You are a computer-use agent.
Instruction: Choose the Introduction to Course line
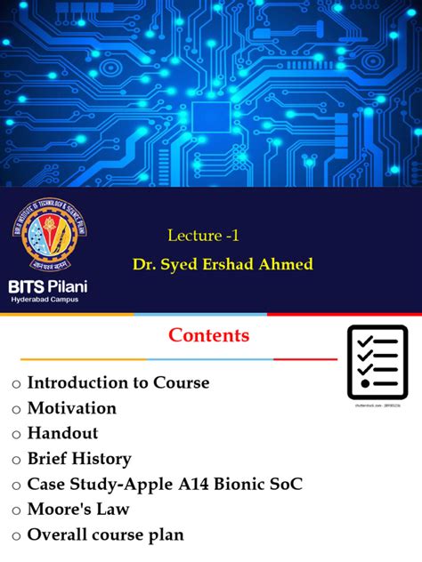118,382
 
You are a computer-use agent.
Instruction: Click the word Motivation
72,408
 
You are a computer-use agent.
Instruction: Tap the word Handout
63,433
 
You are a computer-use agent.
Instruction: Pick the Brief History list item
79,459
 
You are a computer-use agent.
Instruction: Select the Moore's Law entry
78,510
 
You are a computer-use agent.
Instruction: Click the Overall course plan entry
106,535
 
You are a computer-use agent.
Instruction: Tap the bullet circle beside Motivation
16,409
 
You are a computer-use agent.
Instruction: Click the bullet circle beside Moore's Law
16,510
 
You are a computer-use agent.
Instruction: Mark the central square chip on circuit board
212,115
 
